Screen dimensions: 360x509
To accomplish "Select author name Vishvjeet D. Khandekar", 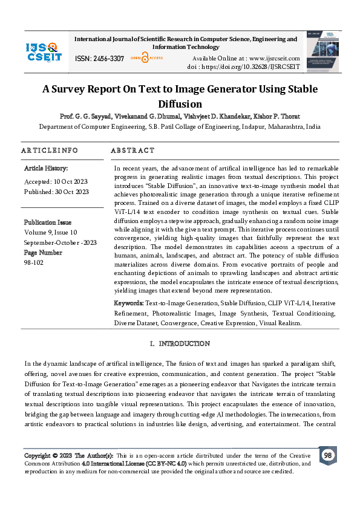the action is pyautogui.click(x=234, y=115).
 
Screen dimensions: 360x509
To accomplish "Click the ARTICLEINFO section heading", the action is pyautogui.click(x=50, y=150).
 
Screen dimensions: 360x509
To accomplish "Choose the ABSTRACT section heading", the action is pyautogui.click(x=133, y=150).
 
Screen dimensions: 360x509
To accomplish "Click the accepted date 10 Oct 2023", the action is pyautogui.click(x=67, y=181).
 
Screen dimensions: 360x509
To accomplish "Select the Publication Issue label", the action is pyautogui.click(x=47, y=222).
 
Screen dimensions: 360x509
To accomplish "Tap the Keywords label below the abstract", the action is pyautogui.click(x=128, y=303).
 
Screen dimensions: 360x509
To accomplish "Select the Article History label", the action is pyautogui.click(x=46, y=168).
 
